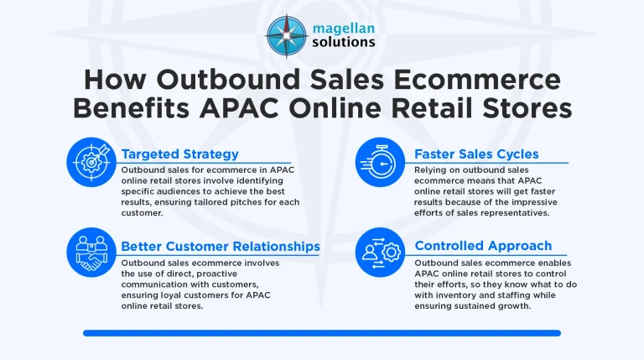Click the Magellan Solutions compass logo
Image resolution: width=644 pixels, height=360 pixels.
tap(286, 34)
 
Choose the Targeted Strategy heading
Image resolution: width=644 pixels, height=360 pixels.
tap(180, 154)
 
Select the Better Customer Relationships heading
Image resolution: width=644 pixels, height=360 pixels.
tap(220, 246)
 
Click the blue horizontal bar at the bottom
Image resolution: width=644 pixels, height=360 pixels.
tap(321, 333)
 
